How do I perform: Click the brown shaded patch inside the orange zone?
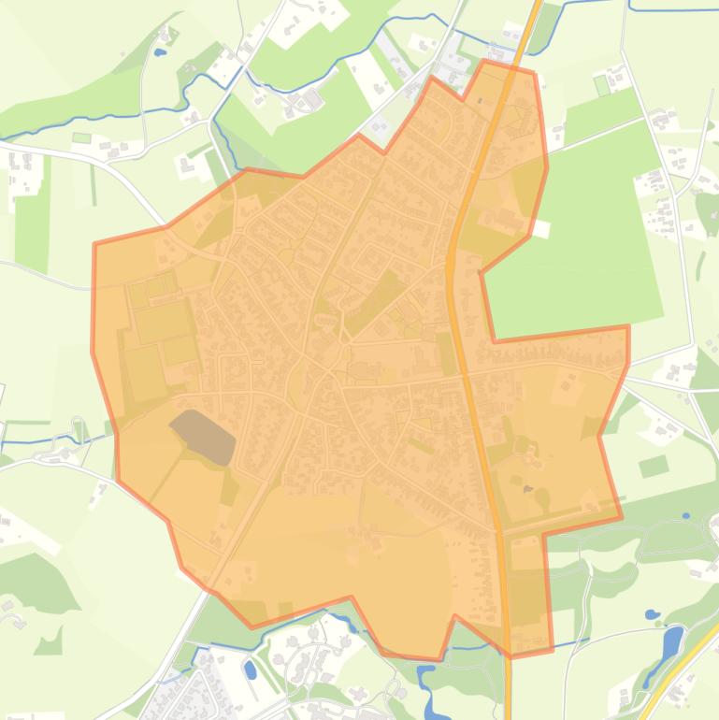coord(204,435)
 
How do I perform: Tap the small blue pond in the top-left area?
coord(160,53)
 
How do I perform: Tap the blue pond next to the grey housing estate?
coord(251,670)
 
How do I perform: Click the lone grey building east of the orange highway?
coord(527,489)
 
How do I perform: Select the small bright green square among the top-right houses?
coord(602,86)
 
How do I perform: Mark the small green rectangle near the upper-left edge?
coord(82,138)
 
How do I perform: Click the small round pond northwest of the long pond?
coord(652,615)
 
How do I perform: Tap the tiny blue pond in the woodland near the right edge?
coord(686,515)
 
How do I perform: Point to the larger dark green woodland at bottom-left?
coord(37,580)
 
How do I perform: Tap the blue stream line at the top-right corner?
coord(673,8)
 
